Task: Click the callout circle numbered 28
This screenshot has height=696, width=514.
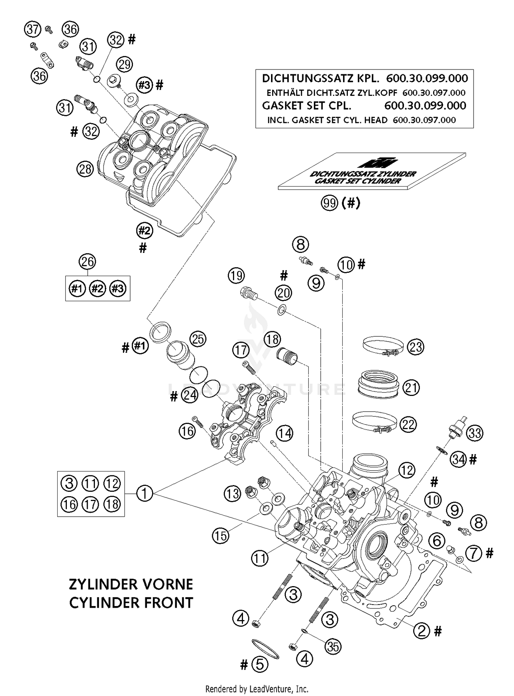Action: coord(85,169)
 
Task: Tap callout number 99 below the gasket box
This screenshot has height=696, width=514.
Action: coord(330,203)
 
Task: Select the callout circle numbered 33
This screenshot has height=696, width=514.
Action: coord(475,433)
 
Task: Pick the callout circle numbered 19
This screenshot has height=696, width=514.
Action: coord(236,275)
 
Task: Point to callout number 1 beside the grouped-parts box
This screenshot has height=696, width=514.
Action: coord(145,493)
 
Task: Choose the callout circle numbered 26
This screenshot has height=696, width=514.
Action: coord(87,261)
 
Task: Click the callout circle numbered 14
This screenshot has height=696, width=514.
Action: coord(285,433)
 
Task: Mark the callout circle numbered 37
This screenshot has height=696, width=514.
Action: coord(33,29)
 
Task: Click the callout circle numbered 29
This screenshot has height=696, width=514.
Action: coord(125,64)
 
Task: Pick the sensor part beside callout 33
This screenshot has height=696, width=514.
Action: coord(456,428)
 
